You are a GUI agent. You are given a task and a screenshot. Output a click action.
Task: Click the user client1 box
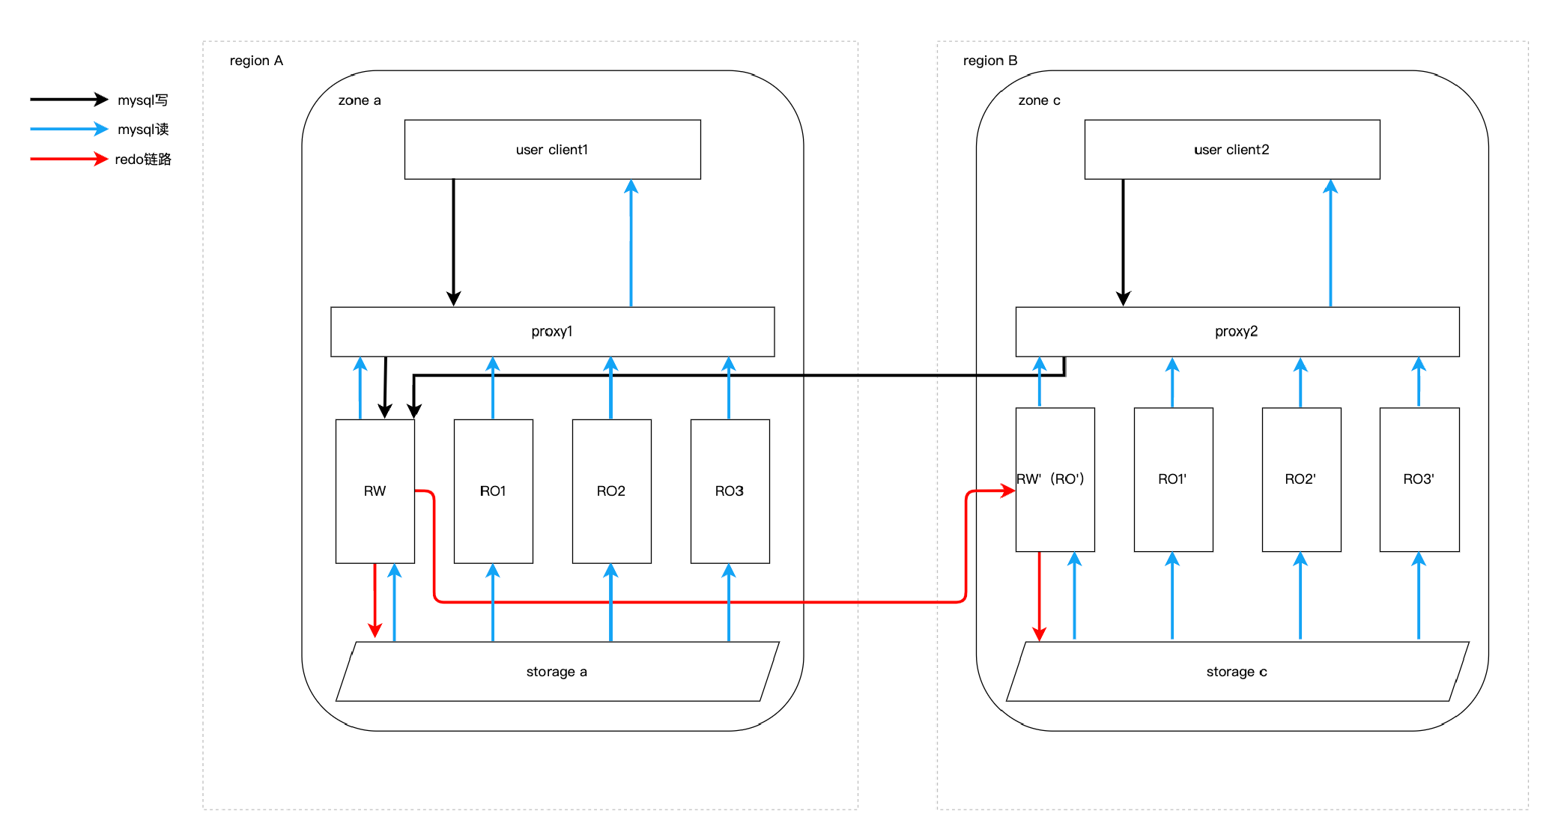(x=552, y=149)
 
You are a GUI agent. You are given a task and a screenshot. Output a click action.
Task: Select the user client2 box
(x=1231, y=149)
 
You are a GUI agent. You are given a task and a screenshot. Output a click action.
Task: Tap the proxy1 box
(x=552, y=331)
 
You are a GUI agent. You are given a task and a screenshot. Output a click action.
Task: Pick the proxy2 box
(x=1237, y=331)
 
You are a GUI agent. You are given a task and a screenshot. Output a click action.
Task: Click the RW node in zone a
(x=375, y=491)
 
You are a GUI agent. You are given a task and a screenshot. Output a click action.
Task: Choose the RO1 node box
(x=493, y=491)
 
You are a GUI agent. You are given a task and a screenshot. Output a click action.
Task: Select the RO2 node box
(x=611, y=491)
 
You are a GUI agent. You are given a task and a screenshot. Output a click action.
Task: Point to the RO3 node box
(x=730, y=491)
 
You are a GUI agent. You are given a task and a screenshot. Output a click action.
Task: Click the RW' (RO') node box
(x=1055, y=479)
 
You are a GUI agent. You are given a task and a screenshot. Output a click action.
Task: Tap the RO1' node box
(x=1173, y=479)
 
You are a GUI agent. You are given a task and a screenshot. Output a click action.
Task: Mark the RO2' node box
(x=1301, y=479)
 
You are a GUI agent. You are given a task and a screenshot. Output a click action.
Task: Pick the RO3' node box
(x=1419, y=479)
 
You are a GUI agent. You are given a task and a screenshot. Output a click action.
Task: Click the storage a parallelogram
(x=557, y=672)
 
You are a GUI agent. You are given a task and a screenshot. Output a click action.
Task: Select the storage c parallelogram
(x=1237, y=672)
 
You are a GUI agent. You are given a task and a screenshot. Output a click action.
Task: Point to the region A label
(x=256, y=61)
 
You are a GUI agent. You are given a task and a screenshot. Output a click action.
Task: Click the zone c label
(x=1039, y=100)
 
